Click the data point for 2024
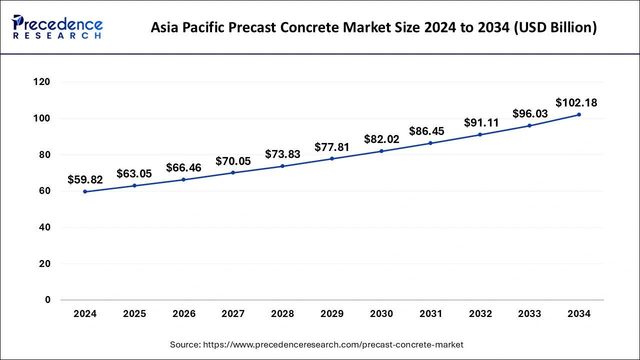[x=85, y=191]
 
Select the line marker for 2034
[x=579, y=114]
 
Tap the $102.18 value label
[x=576, y=103]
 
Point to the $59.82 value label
[x=85, y=179]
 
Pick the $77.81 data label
[x=332, y=147]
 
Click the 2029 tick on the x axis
[x=332, y=314]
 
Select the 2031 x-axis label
[x=430, y=314]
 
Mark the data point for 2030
[x=381, y=151]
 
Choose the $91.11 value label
[x=480, y=122]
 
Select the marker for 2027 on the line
[x=233, y=172]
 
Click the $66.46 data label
[x=183, y=167]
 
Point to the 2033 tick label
[x=529, y=314]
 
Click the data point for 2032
[x=480, y=134]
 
